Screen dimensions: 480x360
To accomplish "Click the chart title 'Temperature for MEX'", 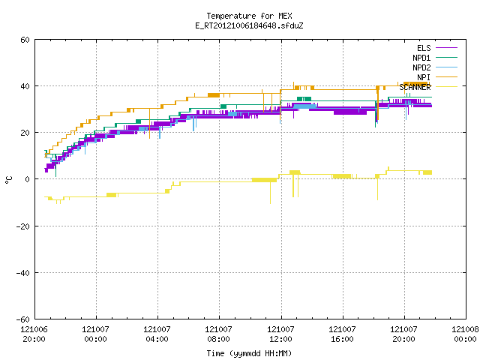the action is click(249, 16).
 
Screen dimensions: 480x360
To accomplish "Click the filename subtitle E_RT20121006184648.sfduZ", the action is click(249, 25).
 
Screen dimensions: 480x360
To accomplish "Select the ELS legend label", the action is click(424, 48).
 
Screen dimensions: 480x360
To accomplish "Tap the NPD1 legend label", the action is click(421, 58).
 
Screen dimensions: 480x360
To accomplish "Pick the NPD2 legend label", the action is click(421, 67).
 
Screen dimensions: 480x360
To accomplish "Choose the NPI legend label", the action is click(424, 77).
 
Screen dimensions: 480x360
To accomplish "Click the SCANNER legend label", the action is click(415, 87).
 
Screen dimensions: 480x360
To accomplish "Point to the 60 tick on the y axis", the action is click(25, 40).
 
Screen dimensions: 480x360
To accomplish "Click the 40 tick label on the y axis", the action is click(25, 86).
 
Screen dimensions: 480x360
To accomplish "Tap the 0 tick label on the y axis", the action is click(28, 179).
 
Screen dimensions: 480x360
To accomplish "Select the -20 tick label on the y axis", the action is click(23, 226).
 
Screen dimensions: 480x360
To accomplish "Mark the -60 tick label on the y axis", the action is click(23, 319).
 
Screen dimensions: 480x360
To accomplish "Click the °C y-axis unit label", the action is click(8, 180).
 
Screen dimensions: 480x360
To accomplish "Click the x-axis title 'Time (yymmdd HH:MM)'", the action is click(249, 353).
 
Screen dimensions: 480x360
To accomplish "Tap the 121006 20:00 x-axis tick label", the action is click(34, 334).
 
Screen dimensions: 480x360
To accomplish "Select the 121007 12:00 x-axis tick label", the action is click(280, 334).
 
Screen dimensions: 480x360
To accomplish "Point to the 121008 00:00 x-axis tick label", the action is click(465, 334).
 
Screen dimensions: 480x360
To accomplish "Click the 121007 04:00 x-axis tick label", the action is click(157, 334).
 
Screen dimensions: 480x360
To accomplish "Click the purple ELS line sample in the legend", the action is click(447, 48).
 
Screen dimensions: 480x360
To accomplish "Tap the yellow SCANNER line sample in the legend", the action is click(447, 87).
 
